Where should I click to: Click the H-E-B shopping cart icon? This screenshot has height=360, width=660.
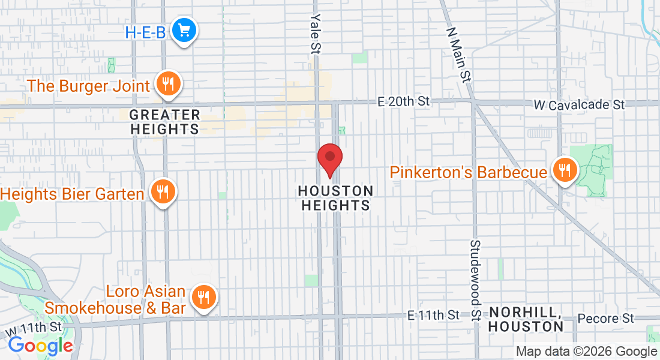pos(184,29)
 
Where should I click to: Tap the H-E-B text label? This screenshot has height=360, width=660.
pos(145,32)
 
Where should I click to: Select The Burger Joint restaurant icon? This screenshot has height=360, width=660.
pos(169,83)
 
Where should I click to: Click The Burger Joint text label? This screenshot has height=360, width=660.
pos(89,86)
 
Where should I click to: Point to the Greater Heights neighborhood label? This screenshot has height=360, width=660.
pos(164,121)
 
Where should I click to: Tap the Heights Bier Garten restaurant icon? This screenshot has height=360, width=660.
pos(162,192)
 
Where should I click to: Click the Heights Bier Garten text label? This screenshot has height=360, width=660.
pos(73,194)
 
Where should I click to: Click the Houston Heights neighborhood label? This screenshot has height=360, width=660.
pos(335,198)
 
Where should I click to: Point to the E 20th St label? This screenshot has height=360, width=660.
pos(403,101)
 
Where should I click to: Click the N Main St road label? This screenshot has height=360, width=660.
pos(458,54)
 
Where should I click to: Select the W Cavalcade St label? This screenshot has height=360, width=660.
pos(579,105)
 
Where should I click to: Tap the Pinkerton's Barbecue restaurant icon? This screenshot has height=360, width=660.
pos(565,170)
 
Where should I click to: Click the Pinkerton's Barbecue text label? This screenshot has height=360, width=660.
pos(468,172)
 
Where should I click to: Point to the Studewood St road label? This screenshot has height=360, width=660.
pos(475,281)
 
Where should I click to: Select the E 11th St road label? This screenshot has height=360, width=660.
pos(433,314)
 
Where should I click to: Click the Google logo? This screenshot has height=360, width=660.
pos(40,346)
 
